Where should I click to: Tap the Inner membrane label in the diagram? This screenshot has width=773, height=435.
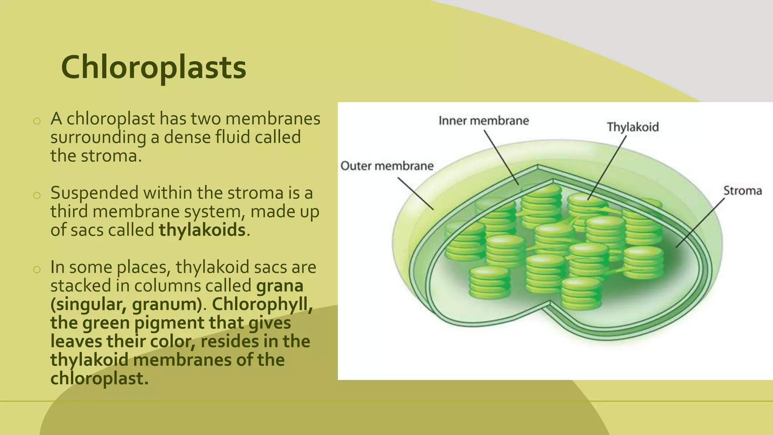(x=484, y=121)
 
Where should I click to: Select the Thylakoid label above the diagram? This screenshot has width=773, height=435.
(x=633, y=127)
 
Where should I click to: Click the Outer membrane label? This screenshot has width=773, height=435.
(x=387, y=166)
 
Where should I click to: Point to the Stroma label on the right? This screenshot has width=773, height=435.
(x=742, y=191)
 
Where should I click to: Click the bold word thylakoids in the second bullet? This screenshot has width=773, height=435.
(x=202, y=230)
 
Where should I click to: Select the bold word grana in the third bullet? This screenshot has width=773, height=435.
(x=279, y=286)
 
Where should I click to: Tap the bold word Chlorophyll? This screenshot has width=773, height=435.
(x=262, y=304)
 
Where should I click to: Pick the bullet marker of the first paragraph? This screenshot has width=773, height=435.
(x=37, y=121)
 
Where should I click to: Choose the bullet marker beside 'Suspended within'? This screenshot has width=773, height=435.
(x=37, y=195)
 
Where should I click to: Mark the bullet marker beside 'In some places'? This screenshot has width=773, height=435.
(x=37, y=269)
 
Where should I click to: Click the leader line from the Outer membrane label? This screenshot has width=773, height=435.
(x=415, y=193)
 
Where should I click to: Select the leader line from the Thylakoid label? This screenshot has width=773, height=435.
(x=607, y=168)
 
